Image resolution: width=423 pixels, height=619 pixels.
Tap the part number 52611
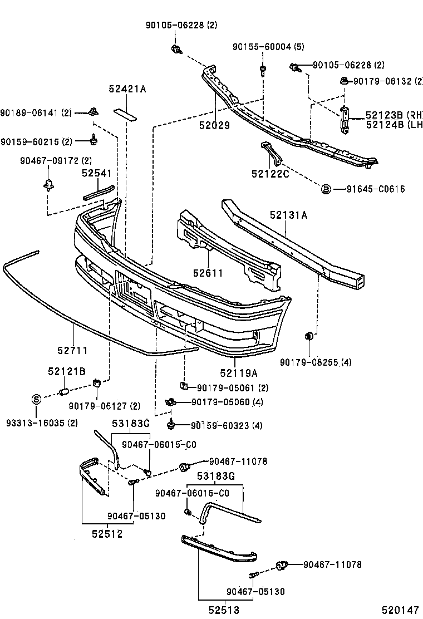pos(208,273)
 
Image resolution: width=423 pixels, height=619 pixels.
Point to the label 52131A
pos(289,214)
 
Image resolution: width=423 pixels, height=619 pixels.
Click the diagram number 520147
pos(400,611)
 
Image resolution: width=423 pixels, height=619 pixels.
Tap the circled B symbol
pos(326,189)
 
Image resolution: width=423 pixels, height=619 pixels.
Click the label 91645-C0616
pos(371,189)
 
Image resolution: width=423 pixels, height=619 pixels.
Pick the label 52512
pos(107,534)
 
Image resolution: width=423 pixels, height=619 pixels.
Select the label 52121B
pos(66,371)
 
